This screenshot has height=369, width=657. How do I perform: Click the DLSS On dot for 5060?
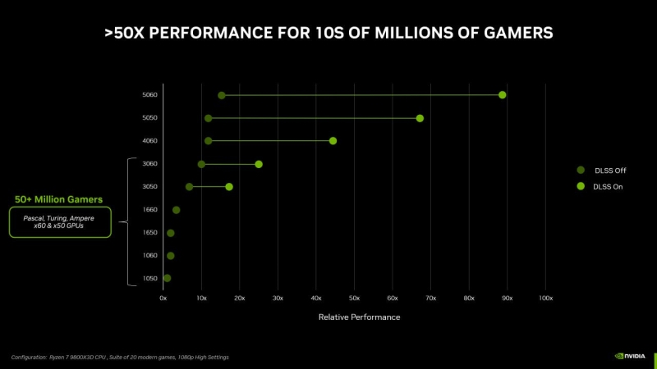tap(502, 95)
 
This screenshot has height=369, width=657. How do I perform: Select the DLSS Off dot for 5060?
tap(222, 95)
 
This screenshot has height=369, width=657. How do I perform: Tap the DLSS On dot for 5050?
tap(420, 118)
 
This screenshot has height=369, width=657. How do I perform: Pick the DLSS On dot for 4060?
tap(333, 141)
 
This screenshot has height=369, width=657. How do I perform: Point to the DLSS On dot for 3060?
tap(259, 164)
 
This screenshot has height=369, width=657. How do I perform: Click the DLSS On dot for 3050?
tap(229, 187)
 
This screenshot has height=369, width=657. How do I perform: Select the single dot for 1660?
tap(176, 210)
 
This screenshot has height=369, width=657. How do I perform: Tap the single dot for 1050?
tap(168, 278)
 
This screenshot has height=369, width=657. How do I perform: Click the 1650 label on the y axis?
tap(149, 233)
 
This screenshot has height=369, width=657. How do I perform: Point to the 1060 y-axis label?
tap(149, 256)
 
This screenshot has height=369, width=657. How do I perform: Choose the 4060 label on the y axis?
tap(149, 141)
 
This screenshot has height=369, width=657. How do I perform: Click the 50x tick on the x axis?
tap(354, 298)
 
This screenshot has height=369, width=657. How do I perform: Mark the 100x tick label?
tap(545, 298)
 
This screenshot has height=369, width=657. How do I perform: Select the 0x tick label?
tap(163, 298)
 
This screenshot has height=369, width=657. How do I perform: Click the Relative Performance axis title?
tap(359, 317)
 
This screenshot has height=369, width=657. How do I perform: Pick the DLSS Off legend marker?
tap(580, 171)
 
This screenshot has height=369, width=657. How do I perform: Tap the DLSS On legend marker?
tap(580, 187)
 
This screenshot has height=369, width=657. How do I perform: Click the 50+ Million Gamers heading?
tap(58, 199)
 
